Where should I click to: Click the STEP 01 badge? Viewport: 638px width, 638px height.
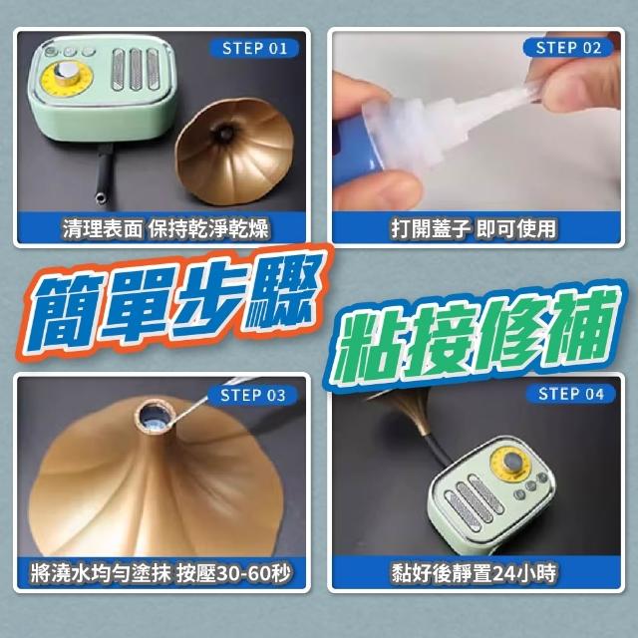tap(254, 49)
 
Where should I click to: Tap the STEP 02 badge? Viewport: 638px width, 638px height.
tap(568, 48)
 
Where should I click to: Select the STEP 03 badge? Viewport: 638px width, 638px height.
tap(252, 395)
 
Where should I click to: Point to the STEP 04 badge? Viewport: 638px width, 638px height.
tap(570, 394)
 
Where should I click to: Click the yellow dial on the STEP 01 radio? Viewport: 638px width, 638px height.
tap(68, 79)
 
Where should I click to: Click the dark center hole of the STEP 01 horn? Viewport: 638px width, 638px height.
tap(223, 133)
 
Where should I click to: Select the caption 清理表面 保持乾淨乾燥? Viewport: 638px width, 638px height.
tap(165, 228)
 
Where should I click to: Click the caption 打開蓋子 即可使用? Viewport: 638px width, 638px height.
tap(474, 228)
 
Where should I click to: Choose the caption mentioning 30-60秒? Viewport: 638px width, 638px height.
tap(161, 574)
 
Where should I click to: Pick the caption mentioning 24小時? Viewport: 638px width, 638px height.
tap(474, 573)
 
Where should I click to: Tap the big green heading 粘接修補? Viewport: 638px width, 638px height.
tap(476, 335)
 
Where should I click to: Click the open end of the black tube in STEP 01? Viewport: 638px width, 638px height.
tap(101, 199)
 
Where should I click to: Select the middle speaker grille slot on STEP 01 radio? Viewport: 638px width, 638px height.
tap(136, 69)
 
